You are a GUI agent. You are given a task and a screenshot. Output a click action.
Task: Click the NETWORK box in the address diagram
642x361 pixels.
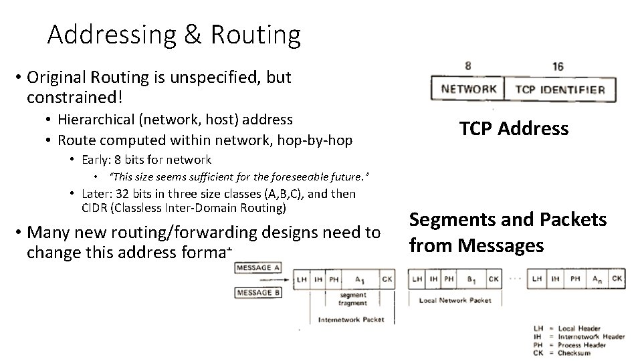point(469,89)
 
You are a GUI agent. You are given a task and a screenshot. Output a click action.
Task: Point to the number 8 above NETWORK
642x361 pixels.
point(467,66)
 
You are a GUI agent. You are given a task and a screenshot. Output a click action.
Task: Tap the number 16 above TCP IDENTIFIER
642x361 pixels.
point(558,66)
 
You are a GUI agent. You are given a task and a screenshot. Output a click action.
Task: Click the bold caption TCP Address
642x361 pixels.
point(514,129)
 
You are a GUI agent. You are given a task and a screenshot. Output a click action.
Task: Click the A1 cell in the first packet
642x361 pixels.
point(359,279)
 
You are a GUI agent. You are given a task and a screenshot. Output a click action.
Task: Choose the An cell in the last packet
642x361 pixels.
point(595,279)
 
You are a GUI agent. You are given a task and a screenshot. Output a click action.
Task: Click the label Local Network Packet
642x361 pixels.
point(455,300)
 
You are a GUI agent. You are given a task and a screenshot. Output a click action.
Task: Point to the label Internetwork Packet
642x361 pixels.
point(351,319)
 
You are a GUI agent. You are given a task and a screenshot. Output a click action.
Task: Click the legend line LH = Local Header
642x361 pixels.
point(568,328)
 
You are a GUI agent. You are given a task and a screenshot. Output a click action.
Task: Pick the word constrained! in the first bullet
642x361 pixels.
point(75,98)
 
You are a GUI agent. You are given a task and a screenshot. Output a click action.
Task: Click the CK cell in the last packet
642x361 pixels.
point(617,279)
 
